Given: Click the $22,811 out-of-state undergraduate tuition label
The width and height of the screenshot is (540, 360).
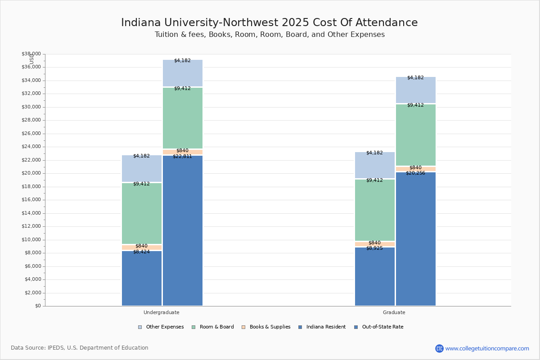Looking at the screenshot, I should pyautogui.click(x=182, y=157).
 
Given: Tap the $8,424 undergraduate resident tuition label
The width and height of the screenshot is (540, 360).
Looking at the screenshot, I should pyautogui.click(x=141, y=252).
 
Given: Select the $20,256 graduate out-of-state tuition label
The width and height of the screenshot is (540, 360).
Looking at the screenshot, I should pyautogui.click(x=415, y=173).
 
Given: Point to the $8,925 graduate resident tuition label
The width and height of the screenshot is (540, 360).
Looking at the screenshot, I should pyautogui.click(x=374, y=248).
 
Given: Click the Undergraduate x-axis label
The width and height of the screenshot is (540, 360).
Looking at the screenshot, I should pyautogui.click(x=162, y=312).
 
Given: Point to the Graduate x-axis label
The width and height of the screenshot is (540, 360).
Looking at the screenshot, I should pyautogui.click(x=394, y=312).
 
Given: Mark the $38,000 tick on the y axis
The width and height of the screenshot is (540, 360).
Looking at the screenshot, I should pyautogui.click(x=31, y=54).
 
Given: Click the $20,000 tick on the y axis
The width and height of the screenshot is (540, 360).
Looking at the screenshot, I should pyautogui.click(x=31, y=173).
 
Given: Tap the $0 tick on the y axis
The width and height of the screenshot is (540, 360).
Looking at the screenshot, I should pyautogui.click(x=37, y=306).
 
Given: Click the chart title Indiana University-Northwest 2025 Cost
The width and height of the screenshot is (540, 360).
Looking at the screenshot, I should pyautogui.click(x=269, y=23).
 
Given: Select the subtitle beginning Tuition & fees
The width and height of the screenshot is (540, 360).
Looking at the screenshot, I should pyautogui.click(x=270, y=35).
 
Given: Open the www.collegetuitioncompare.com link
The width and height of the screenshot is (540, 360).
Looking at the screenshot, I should pyautogui.click(x=487, y=348).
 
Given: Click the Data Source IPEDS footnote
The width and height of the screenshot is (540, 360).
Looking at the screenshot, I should pyautogui.click(x=80, y=348).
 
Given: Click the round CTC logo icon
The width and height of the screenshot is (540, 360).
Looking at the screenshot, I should pyautogui.click(x=439, y=348).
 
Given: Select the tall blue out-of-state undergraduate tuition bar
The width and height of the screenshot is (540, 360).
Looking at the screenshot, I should pyautogui.click(x=183, y=234).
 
